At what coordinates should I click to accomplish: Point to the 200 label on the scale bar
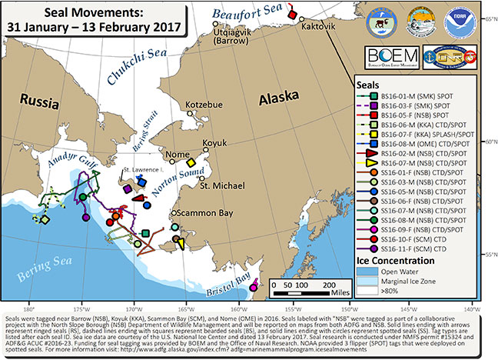coord(327,284)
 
